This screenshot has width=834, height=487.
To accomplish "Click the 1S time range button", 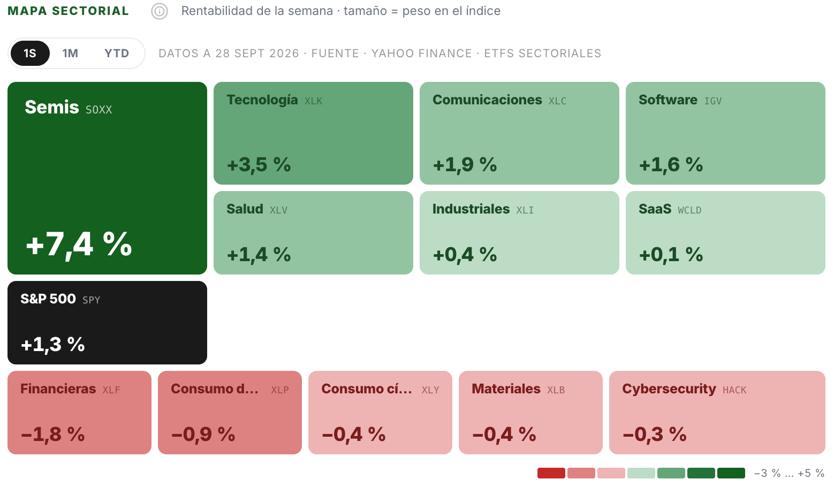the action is coord(30,53).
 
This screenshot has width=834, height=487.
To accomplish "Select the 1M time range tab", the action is coord(70,53).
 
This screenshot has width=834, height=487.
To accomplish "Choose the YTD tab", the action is coord(117,53).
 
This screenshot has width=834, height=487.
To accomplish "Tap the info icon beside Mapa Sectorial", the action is coord(160,11).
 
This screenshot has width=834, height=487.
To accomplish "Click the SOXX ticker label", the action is coord(98,110).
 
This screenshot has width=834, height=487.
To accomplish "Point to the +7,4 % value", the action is coord(79,244).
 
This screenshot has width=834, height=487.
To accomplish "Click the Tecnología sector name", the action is coord(262,100).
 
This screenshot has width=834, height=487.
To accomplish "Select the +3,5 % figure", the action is coord(259,164).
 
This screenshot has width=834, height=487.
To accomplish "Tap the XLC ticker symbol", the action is coord(557,101).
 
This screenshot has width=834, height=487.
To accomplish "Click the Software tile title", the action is coord(668,100).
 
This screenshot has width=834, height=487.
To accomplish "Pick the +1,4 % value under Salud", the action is coord(259,254).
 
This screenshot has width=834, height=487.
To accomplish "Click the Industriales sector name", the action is coord(471,209).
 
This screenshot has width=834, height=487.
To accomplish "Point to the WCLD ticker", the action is coord(689,210).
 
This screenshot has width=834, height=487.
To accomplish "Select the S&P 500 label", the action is coord(48,299).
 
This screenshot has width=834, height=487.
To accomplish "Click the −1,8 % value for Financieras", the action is coord(53,434).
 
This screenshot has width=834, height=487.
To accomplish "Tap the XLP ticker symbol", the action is coord(280,390).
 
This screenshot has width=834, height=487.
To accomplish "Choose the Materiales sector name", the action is coord(506,389).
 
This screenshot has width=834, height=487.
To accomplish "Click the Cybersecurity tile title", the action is coord(669,389).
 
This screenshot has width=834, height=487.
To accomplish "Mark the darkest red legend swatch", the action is coord(551,473).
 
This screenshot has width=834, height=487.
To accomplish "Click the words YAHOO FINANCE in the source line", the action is coord(421,54).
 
